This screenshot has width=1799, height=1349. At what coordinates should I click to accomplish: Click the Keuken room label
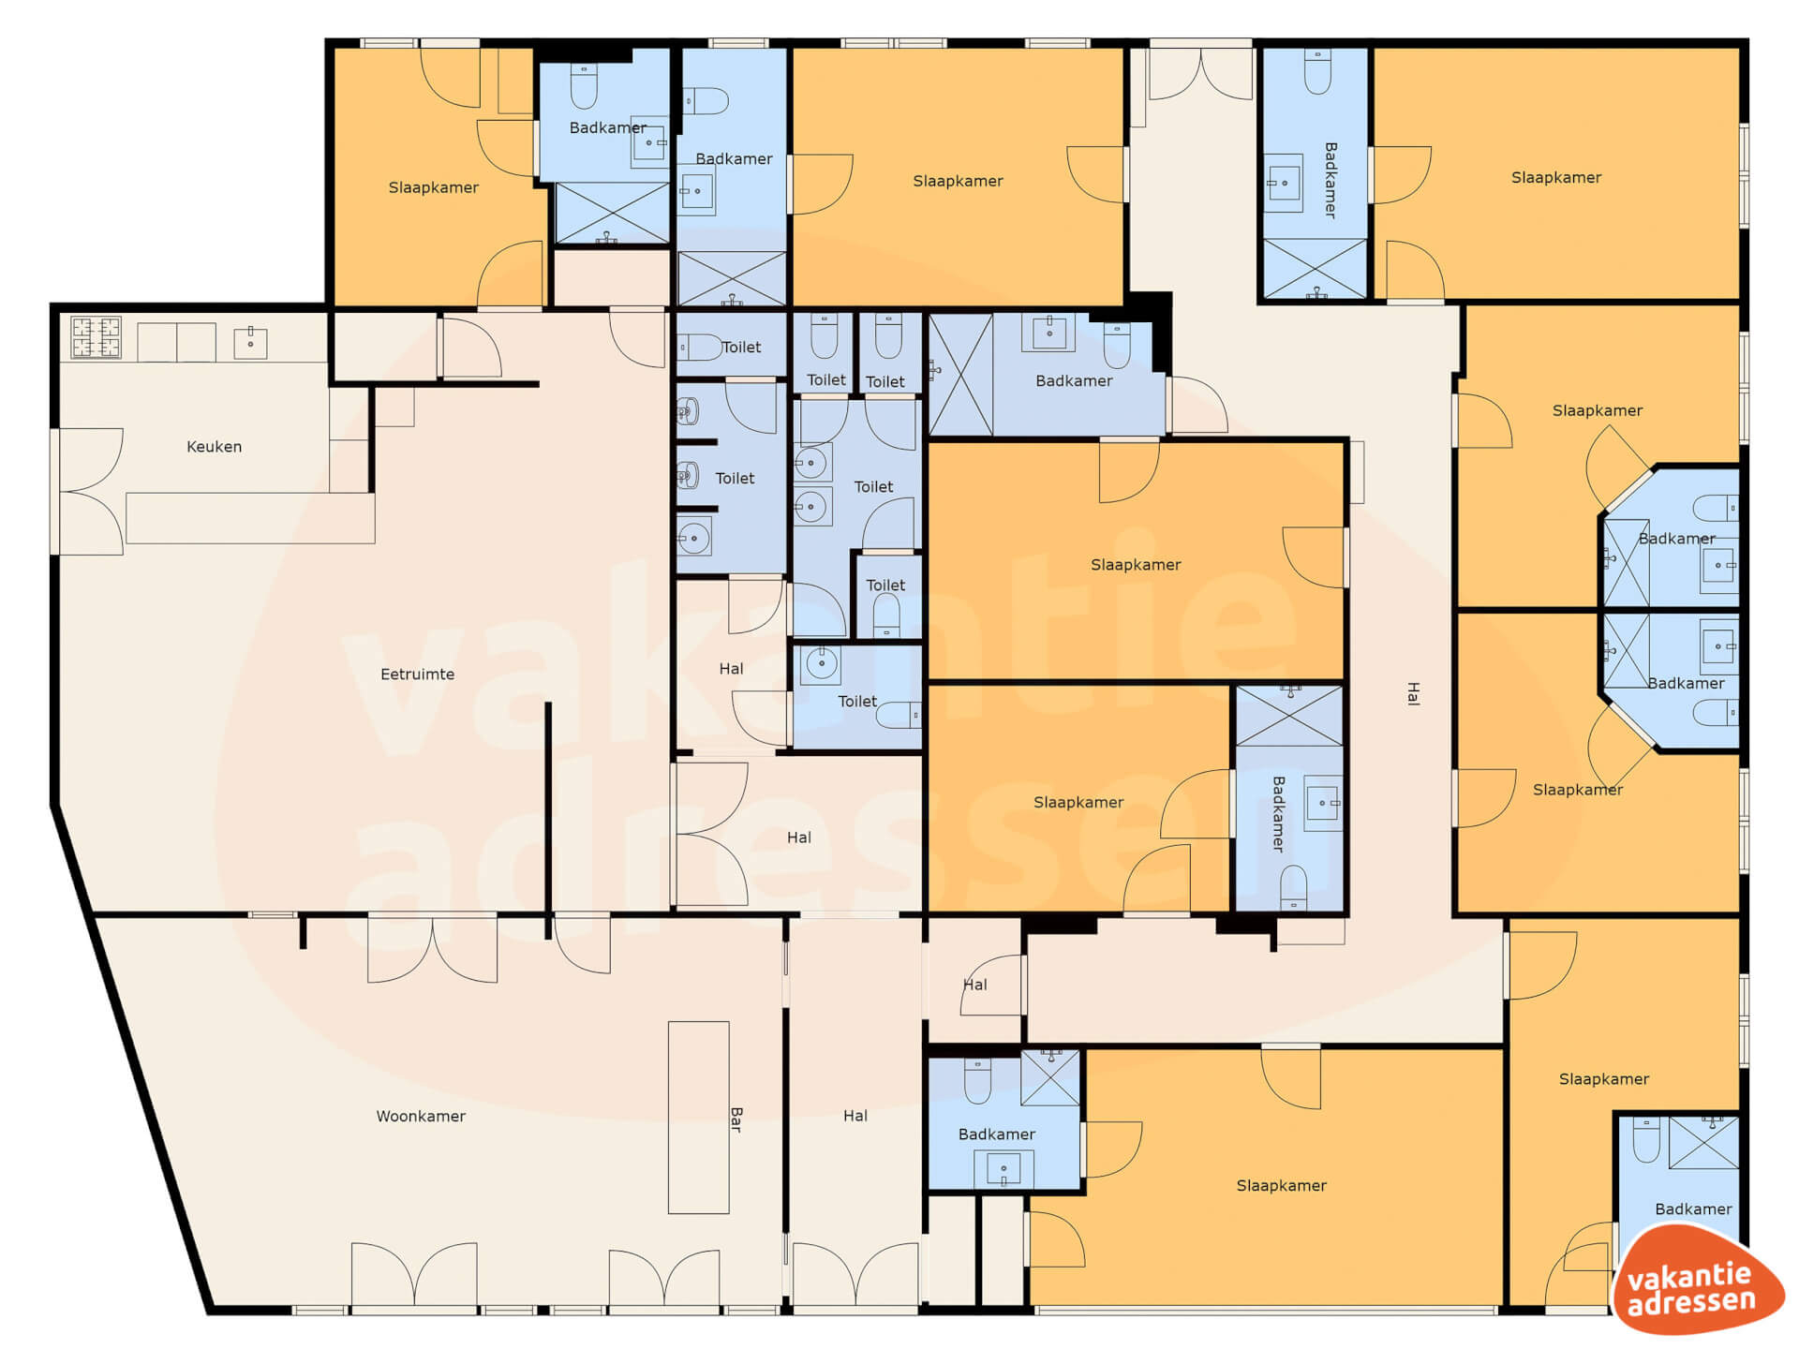tap(214, 447)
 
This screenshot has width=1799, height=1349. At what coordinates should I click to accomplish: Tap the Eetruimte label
tap(417, 674)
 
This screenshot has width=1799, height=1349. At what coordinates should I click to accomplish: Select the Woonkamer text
tap(421, 1117)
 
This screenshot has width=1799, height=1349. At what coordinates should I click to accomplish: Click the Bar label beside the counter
tap(736, 1119)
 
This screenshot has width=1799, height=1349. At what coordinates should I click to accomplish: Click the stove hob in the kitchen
tap(97, 338)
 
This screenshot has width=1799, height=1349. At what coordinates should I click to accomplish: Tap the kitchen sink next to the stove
tap(250, 343)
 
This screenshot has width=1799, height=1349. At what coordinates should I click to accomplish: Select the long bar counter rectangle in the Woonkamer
tap(698, 1118)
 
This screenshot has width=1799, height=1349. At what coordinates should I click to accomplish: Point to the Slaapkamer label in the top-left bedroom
tap(433, 188)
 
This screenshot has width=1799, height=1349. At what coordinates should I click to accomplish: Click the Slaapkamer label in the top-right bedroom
tap(1556, 178)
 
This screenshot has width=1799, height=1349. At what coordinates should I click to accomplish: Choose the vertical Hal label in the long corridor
tap(1413, 693)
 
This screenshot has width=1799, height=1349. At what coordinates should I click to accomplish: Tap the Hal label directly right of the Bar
tap(855, 1116)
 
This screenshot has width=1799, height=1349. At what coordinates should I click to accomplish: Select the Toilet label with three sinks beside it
tap(735, 479)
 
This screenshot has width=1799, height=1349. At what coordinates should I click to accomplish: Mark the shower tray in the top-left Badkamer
tap(613, 213)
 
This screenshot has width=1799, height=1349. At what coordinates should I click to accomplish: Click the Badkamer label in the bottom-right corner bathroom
tap(1693, 1209)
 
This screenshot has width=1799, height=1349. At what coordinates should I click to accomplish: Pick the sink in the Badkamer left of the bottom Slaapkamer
tap(1004, 1169)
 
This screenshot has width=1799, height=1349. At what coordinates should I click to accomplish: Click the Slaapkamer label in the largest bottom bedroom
tap(1281, 1186)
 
